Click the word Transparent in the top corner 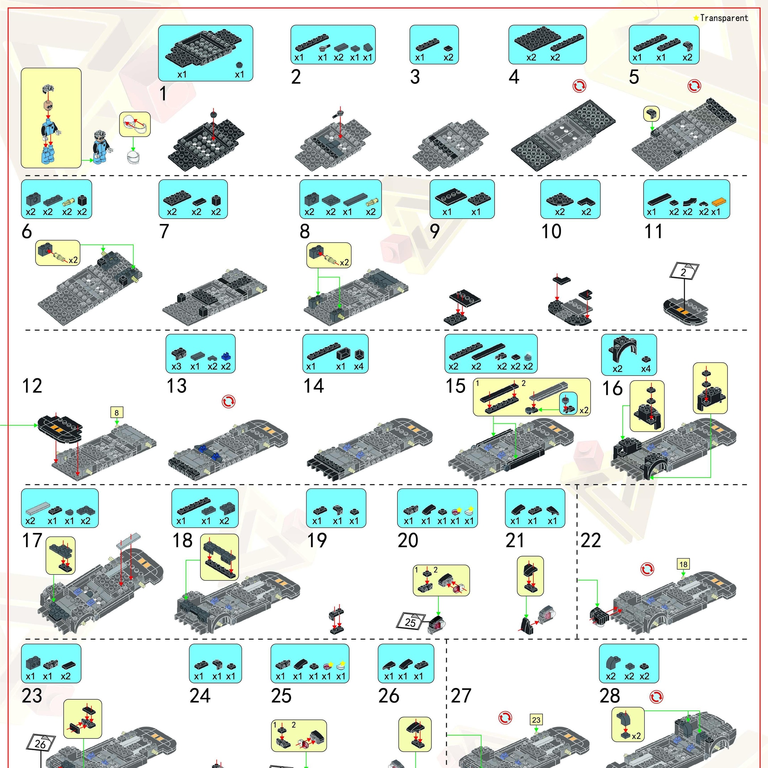(724, 18)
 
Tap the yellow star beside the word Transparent (696, 18)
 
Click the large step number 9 (435, 231)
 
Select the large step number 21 (515, 540)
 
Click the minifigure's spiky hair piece (48, 89)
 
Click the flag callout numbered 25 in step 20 (410, 621)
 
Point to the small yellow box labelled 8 (117, 412)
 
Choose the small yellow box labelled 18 (683, 564)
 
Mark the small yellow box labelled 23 (536, 720)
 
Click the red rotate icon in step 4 (579, 85)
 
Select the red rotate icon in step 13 (229, 401)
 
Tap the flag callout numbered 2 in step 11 (683, 272)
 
